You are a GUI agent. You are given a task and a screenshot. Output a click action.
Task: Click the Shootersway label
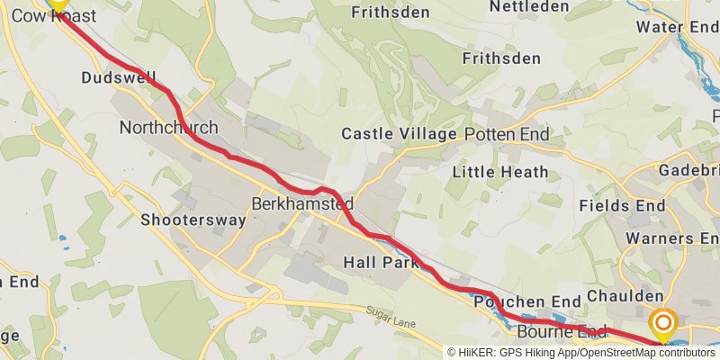pos(193,220)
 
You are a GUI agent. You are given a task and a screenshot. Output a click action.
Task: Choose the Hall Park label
pos(381,263)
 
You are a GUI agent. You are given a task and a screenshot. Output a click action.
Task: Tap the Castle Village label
pos(399,134)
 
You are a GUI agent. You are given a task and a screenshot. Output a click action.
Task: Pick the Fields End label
pos(622,206)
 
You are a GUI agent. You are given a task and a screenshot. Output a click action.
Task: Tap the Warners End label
pos(677,238)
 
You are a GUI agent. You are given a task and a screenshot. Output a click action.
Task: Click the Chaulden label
pos(625,296)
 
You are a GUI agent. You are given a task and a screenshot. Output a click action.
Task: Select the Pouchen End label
pos(526,301)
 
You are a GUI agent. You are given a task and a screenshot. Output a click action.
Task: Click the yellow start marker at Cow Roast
pos(58,4)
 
